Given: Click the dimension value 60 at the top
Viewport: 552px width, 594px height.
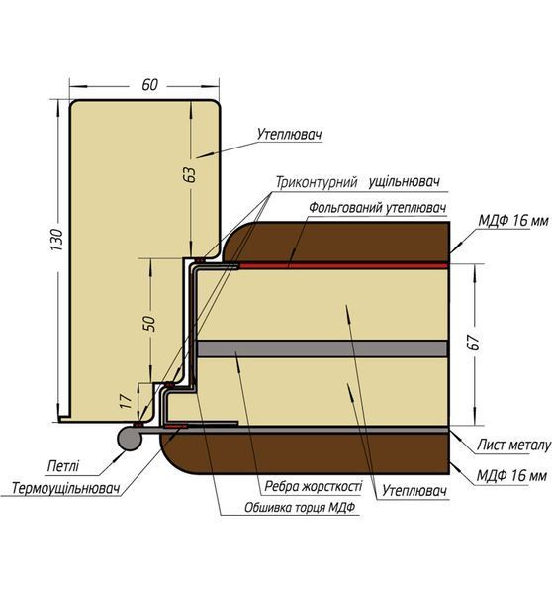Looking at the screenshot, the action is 149,85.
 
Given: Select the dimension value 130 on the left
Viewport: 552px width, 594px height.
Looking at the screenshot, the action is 57,240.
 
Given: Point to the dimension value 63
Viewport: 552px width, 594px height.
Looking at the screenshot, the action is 191,174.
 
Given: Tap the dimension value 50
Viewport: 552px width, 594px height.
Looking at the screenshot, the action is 150,323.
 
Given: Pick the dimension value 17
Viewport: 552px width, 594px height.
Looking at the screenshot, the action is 126,401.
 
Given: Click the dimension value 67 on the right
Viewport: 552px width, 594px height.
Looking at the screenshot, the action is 475,343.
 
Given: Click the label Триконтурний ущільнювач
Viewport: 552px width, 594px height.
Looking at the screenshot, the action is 358,182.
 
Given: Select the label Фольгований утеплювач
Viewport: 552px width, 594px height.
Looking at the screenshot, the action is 378,208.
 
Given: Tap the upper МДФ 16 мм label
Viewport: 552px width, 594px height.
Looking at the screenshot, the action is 513,220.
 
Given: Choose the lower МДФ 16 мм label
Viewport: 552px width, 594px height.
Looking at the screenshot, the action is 511,475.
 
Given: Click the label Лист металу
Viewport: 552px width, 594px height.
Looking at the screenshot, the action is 513,445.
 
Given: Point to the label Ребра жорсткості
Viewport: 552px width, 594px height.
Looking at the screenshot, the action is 314,486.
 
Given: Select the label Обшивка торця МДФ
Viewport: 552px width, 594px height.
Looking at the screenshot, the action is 300,507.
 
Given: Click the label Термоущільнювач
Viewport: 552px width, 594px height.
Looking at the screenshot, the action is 66,488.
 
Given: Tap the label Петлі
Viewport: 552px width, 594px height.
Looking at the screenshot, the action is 63,466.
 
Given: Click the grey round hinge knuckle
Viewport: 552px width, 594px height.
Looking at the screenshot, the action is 130,439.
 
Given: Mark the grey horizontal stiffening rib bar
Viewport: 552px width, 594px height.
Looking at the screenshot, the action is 322,348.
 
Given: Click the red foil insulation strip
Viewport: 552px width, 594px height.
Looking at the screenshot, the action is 343,266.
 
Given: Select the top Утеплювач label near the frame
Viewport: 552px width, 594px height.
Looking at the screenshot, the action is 290,134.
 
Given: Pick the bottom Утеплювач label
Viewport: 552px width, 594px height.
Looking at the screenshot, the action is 414,491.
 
